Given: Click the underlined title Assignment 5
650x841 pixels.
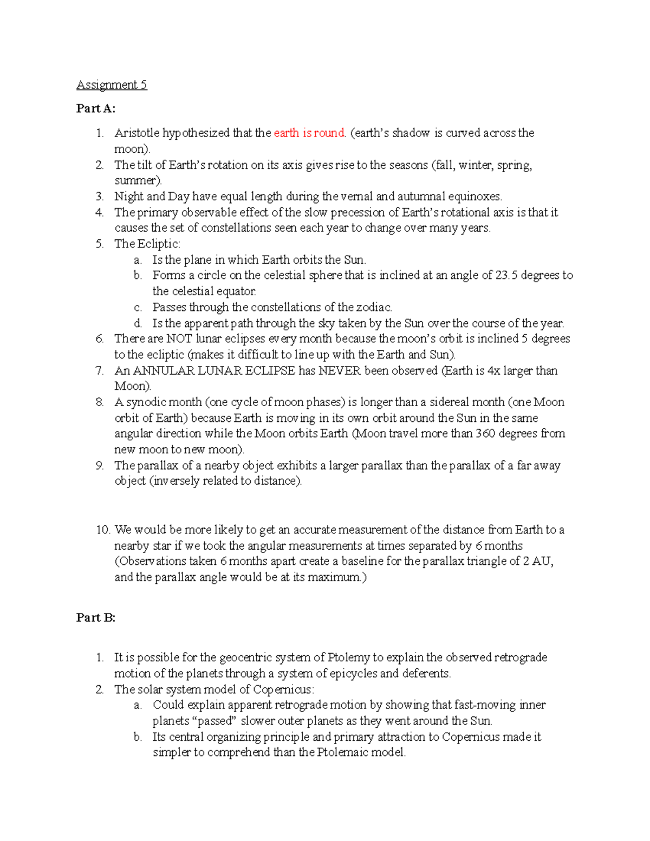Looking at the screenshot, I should tap(112, 84).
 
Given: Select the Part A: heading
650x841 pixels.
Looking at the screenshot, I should tap(96, 108).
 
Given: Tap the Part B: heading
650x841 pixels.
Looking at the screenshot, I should tap(96, 618).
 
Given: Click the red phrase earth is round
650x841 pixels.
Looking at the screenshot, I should tap(309, 133).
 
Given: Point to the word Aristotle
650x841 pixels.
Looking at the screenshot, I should tap(136, 133).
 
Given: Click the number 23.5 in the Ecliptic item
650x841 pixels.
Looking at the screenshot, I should tap(506, 275).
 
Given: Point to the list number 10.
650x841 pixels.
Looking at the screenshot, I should tap(102, 530).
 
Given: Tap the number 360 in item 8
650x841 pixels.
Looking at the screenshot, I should tap(486, 434).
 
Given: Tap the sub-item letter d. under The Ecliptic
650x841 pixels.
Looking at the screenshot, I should tap(138, 323).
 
